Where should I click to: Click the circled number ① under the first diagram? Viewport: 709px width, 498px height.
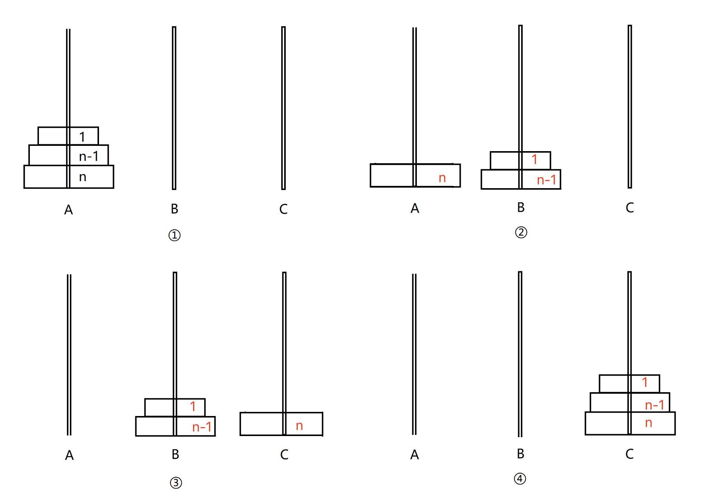coord(174,235)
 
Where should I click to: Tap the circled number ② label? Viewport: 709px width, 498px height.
coord(521,232)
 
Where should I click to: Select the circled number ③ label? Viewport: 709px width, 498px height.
coord(176,483)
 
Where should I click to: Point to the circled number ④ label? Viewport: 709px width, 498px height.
coord(520,479)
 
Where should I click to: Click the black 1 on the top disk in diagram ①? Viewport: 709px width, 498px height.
coord(82,137)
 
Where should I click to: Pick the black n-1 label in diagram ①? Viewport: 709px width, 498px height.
coord(88,156)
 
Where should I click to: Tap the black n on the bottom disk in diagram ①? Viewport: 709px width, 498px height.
coord(83,177)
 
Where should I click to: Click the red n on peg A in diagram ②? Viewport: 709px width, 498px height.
coord(442,178)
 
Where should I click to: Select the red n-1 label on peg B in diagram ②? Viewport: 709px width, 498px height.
coord(546,180)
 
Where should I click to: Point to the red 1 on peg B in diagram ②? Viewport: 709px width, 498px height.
coord(534,159)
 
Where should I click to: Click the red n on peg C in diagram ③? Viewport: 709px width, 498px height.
coord(299,426)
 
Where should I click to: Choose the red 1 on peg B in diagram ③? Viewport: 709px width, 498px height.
coord(193,407)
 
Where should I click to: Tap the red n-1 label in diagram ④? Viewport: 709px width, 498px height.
coord(655,405)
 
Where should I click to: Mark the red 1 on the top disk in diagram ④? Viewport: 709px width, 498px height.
coord(645,382)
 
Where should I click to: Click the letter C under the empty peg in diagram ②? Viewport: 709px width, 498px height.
coord(629,207)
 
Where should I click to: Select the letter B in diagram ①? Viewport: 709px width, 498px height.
coord(174,209)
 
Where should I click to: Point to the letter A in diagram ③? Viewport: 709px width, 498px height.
coord(69,455)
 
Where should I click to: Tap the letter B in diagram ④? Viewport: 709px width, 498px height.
coord(520,454)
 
